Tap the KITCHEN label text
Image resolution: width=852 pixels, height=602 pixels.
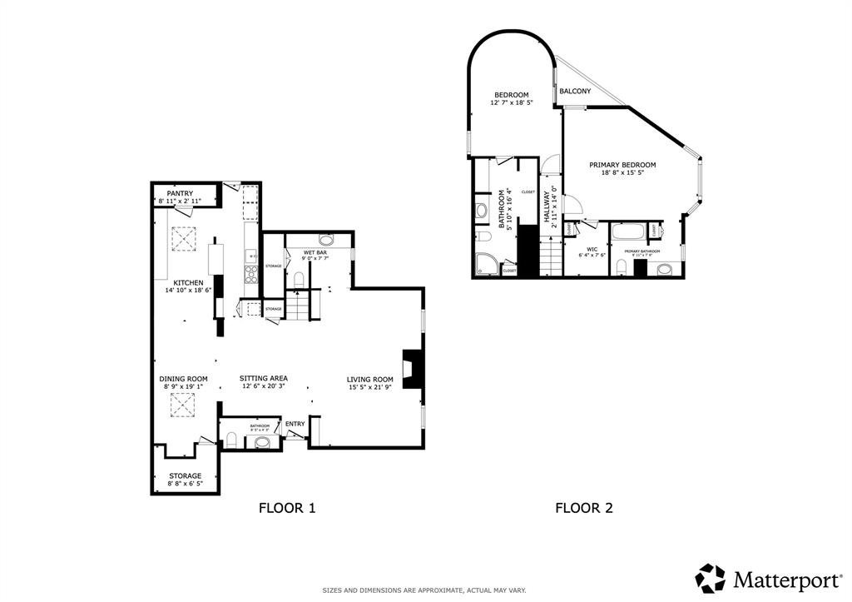pos(177,282)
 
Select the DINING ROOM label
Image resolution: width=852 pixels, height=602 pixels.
pos(183,378)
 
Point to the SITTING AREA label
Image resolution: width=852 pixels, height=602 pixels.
pos(264,378)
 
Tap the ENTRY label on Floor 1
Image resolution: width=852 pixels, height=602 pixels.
pos(295,424)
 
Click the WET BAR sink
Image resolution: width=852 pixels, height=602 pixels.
pos(325,240)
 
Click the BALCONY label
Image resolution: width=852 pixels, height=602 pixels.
pos(575,91)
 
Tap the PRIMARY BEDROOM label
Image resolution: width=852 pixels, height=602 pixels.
pos(622,165)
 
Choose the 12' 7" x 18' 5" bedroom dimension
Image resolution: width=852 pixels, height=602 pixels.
pos(511,102)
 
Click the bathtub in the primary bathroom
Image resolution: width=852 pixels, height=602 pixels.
pos(628,232)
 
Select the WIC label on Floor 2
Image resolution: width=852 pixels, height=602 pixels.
pos(592,248)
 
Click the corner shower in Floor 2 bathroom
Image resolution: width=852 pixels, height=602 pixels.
pos(484,265)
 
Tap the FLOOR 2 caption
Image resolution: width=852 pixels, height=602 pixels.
pos(584,507)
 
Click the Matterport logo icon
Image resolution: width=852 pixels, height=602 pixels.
pos(710,578)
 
